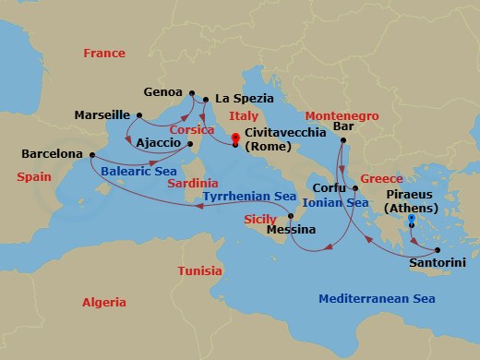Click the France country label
tap(103, 54)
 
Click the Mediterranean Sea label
tap(372, 298)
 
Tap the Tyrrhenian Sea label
tap(248, 197)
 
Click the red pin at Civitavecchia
tap(235, 140)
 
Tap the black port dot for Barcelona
tap(91, 154)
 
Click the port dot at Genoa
tap(191, 93)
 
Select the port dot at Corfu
tap(355, 187)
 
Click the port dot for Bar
tap(342, 140)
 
